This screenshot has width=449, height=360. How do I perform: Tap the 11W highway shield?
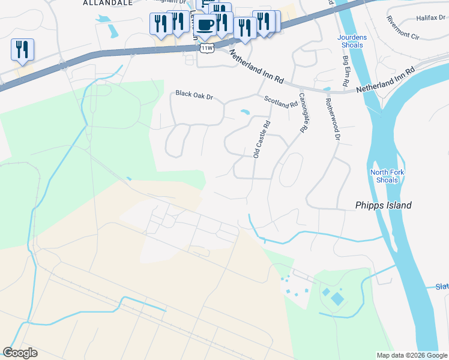tap(207, 47)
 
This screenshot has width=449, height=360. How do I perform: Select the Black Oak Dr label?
tap(194, 94)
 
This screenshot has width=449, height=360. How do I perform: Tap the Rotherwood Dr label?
tap(333, 121)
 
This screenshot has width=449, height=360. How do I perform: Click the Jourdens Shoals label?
tap(350, 41)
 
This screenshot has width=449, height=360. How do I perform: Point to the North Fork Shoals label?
tap(387, 176)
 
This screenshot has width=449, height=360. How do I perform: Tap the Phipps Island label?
tap(382, 205)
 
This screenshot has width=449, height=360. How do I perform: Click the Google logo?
tap(20, 353)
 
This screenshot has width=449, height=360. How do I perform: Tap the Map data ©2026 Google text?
tap(412, 355)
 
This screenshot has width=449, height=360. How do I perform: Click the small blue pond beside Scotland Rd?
tap(245, 112)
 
